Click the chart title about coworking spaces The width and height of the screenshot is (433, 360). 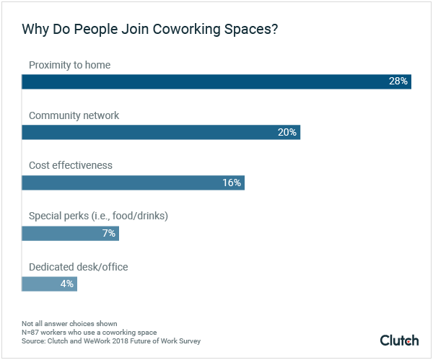150,30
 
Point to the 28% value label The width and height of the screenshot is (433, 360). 398,82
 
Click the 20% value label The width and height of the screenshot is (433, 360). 287,132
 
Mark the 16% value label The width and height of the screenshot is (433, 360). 231,183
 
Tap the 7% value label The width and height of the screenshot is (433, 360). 108,233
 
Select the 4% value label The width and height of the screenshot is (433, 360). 66,284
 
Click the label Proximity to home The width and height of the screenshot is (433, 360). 69,65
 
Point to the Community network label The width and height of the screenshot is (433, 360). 74,115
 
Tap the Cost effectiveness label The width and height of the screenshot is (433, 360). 71,165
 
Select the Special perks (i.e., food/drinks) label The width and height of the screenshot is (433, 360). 98,216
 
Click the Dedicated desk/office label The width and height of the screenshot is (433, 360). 78,267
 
